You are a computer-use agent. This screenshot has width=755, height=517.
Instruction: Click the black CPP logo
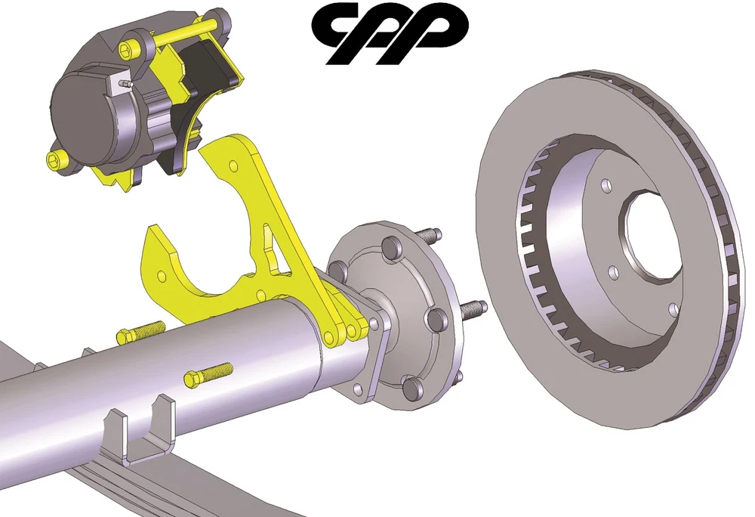pyautogui.click(x=390, y=33)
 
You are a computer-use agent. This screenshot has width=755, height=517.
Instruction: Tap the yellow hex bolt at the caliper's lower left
pyautogui.click(x=57, y=159)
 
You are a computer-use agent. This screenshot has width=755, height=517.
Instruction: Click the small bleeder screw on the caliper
pyautogui.click(x=126, y=83)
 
